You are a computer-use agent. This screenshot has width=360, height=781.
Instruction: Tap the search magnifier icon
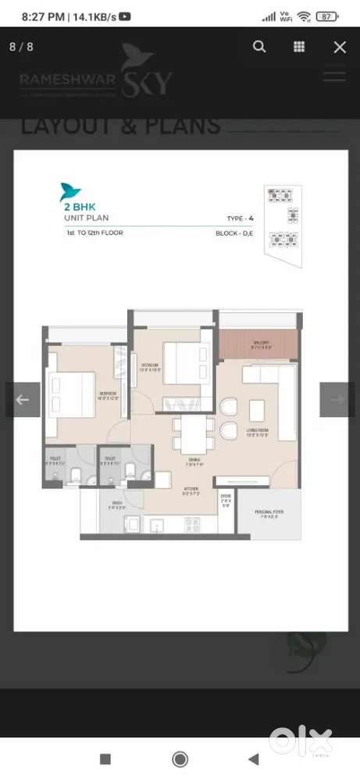coord(259,47)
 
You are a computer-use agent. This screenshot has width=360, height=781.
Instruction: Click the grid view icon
coord(299,47)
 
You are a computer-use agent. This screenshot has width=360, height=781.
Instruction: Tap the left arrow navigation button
coord(23,400)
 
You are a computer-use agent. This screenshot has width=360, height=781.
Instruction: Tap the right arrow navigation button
coord(337,400)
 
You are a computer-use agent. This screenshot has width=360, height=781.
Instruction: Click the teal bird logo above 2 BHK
coord(70,191)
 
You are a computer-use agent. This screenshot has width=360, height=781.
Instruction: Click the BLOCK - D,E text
coord(239,233)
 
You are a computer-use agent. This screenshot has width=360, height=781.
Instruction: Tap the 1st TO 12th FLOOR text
coord(95,233)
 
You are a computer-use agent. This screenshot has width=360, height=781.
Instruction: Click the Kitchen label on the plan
coord(191,489)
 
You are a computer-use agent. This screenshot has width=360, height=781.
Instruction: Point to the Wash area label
coord(117,504)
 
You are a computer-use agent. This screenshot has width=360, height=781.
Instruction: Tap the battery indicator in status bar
coord(328,16)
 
